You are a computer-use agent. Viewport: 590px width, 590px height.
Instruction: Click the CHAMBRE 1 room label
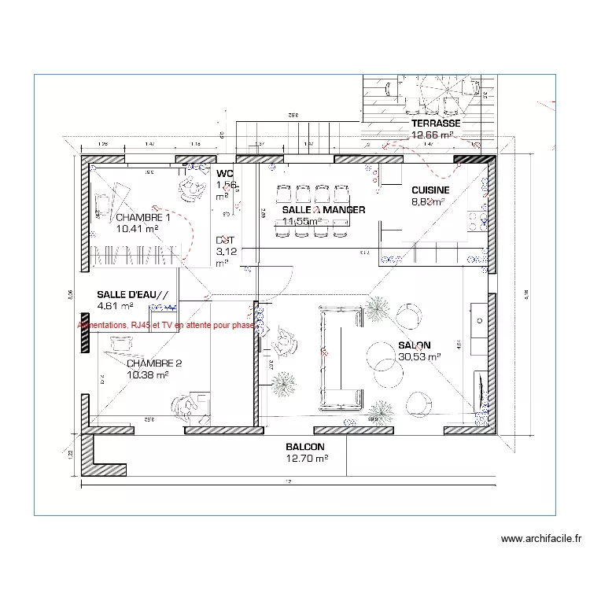[x=142, y=217]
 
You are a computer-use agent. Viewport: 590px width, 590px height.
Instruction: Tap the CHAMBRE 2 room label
[x=154, y=363]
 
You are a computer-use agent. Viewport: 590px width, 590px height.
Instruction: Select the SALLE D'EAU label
[x=132, y=294]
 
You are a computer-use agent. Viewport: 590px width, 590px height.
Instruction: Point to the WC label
[x=225, y=173]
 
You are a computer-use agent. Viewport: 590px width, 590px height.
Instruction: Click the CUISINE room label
[x=430, y=190]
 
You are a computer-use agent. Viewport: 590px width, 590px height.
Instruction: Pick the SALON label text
[x=414, y=345]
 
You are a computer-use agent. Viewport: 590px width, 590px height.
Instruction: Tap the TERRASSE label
[x=436, y=124]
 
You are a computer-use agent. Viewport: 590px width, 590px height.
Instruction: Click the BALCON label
[x=306, y=446]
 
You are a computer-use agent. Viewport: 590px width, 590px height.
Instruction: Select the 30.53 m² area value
[x=419, y=356]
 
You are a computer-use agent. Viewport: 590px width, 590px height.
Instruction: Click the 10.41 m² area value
[x=137, y=229]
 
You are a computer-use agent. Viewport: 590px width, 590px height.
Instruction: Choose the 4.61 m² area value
[x=115, y=306]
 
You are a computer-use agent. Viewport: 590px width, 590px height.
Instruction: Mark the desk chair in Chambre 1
[x=189, y=186]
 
